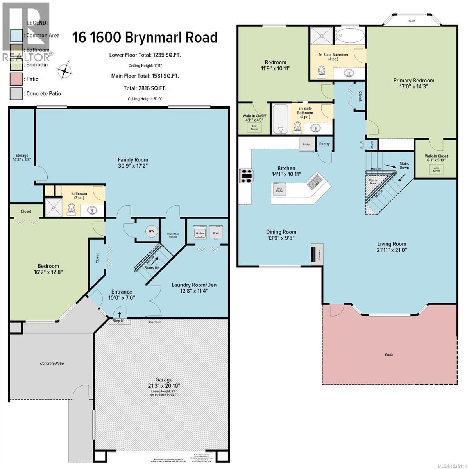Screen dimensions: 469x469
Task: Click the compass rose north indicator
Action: click(x=65, y=72)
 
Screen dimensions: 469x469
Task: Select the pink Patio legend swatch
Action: click(x=17, y=79)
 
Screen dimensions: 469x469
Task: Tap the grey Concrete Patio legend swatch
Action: click(x=17, y=93)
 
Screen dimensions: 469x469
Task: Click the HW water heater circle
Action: click(x=151, y=231)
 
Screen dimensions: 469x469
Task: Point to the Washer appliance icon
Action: click(x=200, y=232)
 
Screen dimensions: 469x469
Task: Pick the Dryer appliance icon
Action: click(x=216, y=232)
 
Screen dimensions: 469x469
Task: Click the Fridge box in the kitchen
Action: click(x=307, y=144)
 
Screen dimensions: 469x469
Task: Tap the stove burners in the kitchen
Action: click(x=247, y=175)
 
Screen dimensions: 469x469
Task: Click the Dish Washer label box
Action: click(x=279, y=189)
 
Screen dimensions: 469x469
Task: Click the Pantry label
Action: click(x=324, y=144)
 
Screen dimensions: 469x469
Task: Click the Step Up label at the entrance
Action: click(x=119, y=321)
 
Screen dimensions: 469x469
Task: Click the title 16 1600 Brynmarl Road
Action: click(x=145, y=38)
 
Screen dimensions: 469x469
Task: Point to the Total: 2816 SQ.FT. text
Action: click(x=145, y=88)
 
